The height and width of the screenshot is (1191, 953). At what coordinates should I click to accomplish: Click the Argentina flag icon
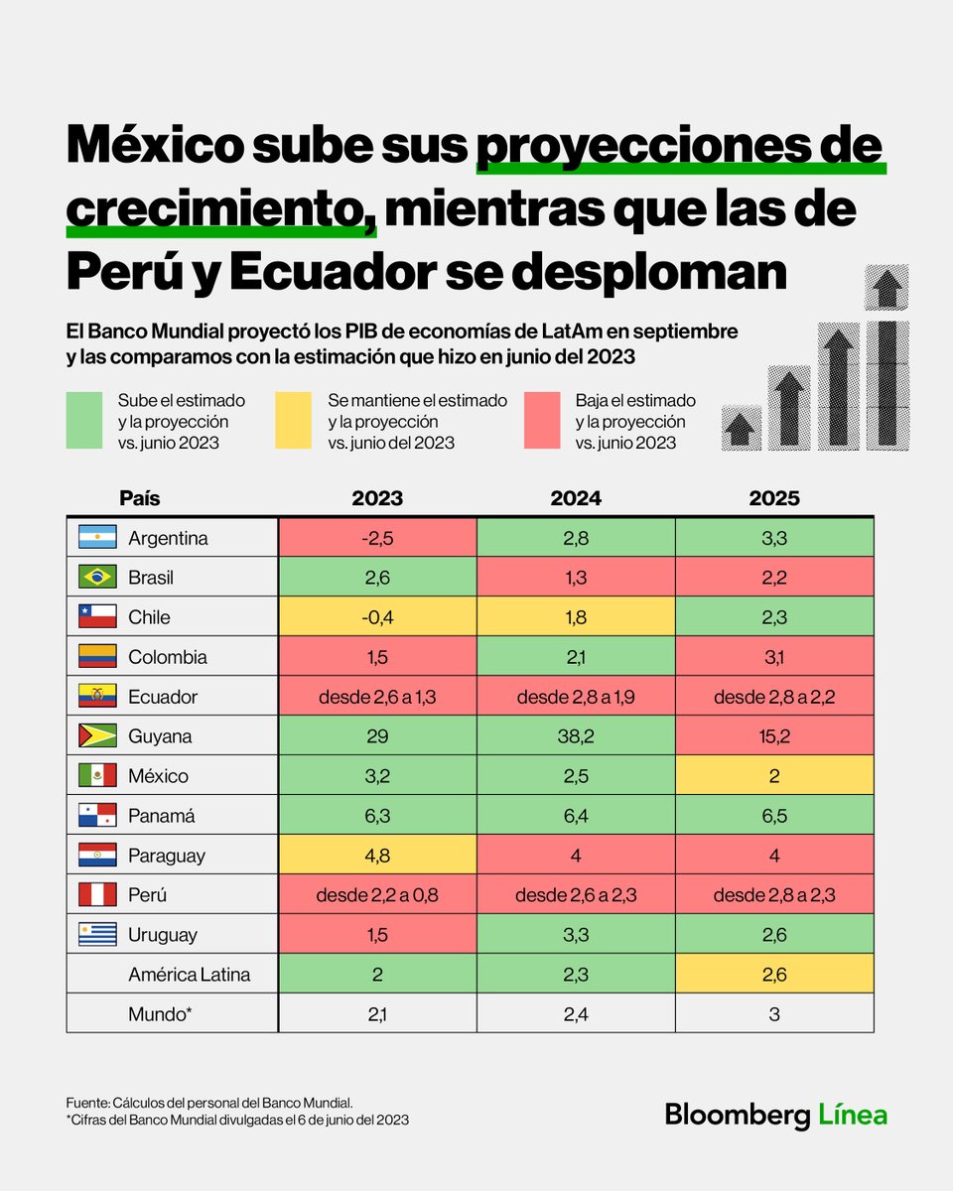(x=97, y=538)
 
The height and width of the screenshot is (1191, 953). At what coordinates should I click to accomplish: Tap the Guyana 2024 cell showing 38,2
(x=576, y=736)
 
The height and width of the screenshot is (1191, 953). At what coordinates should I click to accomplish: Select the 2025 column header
(x=774, y=498)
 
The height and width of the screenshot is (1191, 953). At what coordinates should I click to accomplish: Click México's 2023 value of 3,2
(x=377, y=776)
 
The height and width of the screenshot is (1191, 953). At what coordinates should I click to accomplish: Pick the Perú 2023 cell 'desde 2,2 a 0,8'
(x=377, y=895)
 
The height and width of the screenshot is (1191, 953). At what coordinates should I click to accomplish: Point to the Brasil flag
(x=97, y=578)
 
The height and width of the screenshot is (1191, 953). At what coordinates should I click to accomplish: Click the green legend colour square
(x=84, y=421)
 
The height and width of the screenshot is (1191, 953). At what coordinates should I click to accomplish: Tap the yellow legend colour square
(x=293, y=421)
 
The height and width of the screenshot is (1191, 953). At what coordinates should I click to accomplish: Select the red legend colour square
(x=542, y=421)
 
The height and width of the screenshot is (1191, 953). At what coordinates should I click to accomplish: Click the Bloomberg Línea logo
(x=775, y=1115)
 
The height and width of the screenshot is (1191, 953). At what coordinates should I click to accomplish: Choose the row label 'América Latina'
(x=189, y=975)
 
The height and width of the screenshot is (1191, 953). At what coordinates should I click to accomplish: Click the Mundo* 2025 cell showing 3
(x=774, y=1014)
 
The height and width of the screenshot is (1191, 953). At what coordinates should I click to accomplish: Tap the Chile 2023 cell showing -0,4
(x=377, y=617)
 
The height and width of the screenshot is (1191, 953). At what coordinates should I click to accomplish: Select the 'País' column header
(x=139, y=498)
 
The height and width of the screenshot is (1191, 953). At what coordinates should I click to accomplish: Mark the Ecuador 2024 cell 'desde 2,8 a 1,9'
(x=576, y=697)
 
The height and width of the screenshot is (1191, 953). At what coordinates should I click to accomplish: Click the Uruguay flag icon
(x=97, y=935)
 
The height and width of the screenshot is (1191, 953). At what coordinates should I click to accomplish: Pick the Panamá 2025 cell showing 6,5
(x=774, y=816)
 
